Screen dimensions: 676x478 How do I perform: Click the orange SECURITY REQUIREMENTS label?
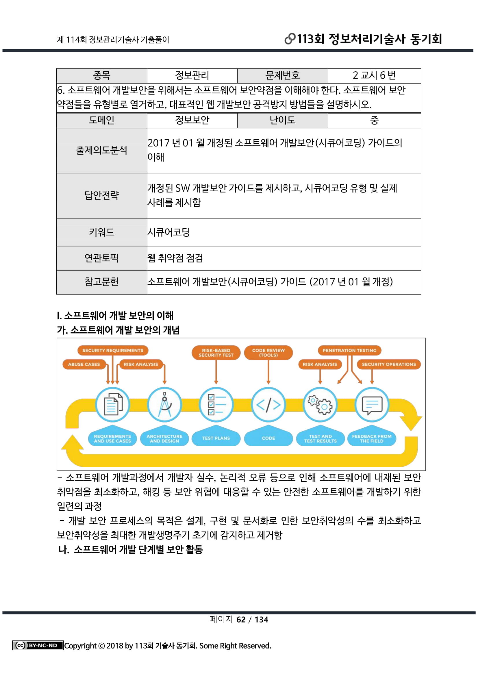click(113, 350)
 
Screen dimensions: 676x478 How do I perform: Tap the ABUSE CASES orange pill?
click(84, 364)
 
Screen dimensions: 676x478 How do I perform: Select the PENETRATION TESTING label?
click(349, 350)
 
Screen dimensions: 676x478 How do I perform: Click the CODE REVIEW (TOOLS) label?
click(268, 352)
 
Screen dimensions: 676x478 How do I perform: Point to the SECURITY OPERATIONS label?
click(389, 364)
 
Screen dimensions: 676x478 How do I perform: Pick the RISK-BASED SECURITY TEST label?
click(216, 352)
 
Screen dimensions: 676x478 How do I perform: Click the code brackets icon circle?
click(268, 405)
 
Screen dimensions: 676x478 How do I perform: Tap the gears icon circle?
click(320, 405)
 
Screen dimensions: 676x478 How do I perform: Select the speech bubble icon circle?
click(372, 405)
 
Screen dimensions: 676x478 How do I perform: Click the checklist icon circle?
click(216, 405)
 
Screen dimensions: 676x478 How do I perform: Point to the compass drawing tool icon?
click(164, 405)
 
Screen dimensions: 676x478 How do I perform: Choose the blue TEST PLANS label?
click(216, 438)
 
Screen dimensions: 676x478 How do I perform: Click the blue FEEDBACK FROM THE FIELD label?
click(372, 438)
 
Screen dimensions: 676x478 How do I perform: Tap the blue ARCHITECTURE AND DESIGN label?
click(164, 438)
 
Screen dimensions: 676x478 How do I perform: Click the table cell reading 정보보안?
click(192, 120)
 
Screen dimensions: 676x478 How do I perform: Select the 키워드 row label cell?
click(101, 232)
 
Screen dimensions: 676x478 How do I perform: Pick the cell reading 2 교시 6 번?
click(374, 75)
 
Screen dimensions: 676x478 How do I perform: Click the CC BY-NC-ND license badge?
click(38, 646)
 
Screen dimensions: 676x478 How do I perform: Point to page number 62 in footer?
click(241, 620)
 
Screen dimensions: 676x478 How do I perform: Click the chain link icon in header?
click(290, 38)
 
